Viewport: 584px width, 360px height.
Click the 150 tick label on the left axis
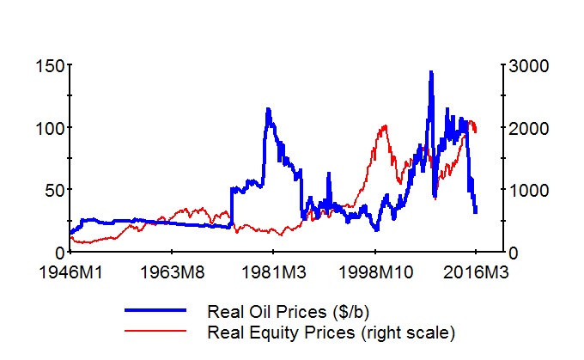[x=48, y=66]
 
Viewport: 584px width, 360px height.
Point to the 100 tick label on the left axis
[x=48, y=128]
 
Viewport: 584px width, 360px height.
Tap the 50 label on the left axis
[x=52, y=190]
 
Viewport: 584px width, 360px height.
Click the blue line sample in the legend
[x=155, y=308]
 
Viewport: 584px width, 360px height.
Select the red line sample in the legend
[x=155, y=330]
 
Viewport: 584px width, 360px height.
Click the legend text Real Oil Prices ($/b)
[x=288, y=309]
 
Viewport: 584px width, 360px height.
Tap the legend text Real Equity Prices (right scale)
[x=330, y=331]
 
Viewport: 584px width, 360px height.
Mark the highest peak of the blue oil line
[x=430, y=72]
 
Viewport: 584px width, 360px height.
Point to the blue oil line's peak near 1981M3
[x=268, y=109]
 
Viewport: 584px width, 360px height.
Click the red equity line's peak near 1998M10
[x=384, y=126]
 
